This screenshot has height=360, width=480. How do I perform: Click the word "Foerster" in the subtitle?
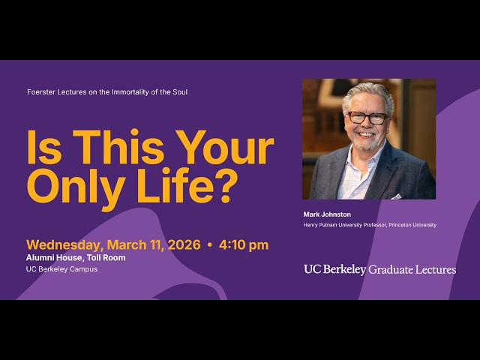click(x=40, y=92)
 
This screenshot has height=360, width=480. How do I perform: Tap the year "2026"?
click(x=184, y=245)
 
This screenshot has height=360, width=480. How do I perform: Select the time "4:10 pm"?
click(x=244, y=245)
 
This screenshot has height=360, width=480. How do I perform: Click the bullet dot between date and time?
click(x=210, y=245)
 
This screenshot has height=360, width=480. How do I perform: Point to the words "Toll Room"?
click(x=106, y=257)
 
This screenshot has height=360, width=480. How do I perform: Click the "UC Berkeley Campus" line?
click(x=61, y=268)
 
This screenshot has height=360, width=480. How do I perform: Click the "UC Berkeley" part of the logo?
click(x=334, y=269)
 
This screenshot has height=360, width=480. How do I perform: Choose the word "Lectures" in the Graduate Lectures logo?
click(x=436, y=269)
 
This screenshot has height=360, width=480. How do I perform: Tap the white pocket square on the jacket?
click(x=395, y=196)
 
